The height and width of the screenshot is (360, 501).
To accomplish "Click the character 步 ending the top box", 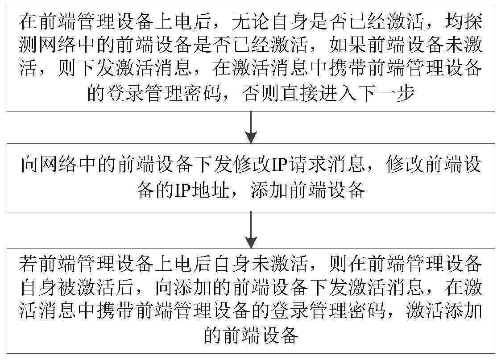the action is [x=406, y=93].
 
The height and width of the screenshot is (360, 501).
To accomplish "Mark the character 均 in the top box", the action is [x=454, y=22].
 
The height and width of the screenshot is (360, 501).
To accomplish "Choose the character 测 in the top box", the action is [x=29, y=45].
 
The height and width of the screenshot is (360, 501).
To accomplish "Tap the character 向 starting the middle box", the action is [x=30, y=165].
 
